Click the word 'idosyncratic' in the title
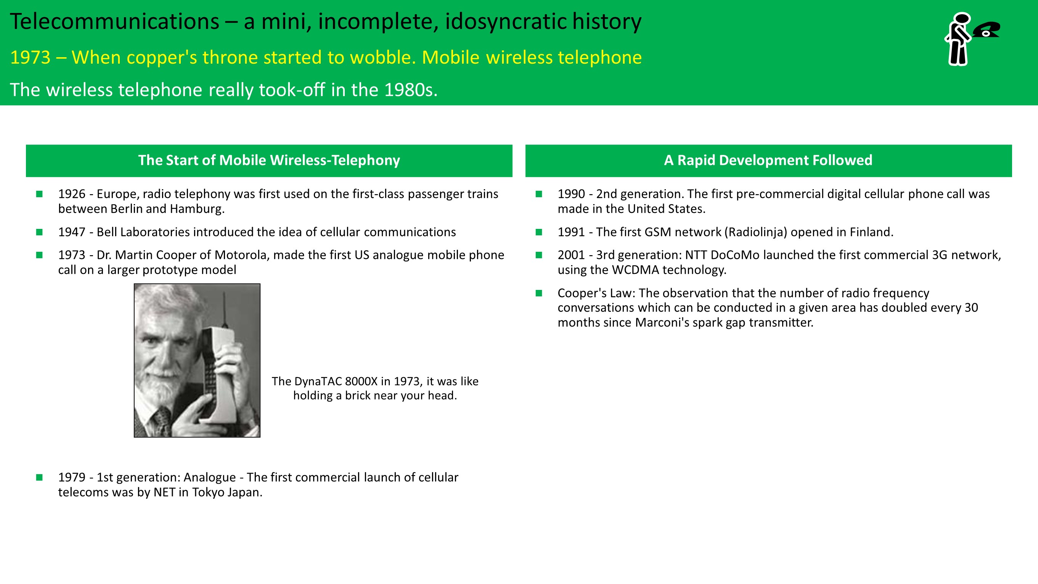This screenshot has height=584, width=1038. coord(506,21)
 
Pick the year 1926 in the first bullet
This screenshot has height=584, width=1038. coord(72,194)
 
